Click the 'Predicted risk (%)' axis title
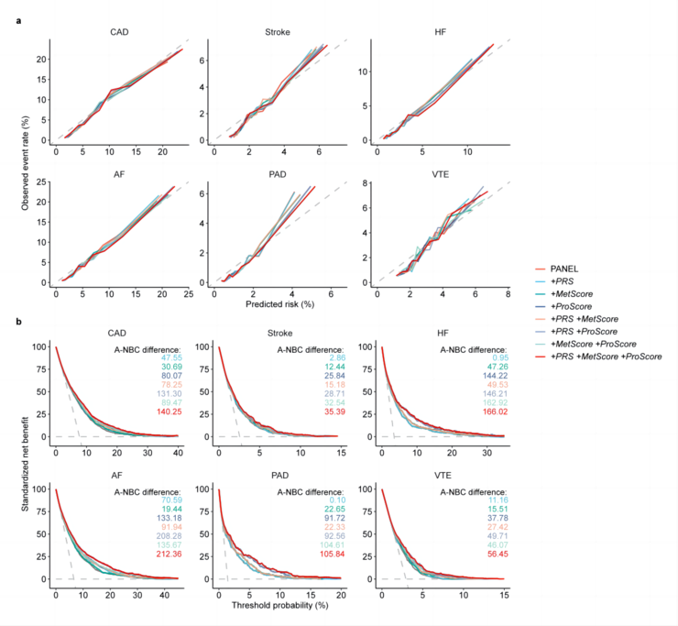[274, 302]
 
